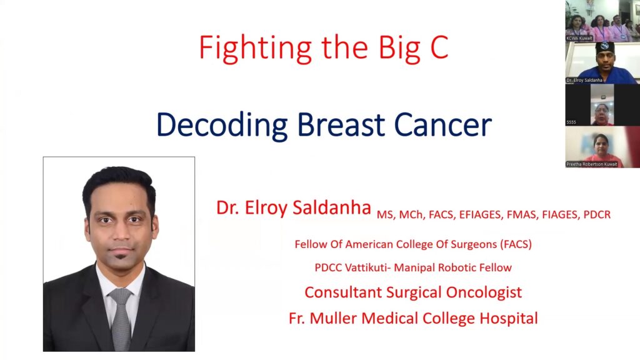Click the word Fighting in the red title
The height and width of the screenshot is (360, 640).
pos(255,49)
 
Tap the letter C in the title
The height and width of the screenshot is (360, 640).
pos(439,47)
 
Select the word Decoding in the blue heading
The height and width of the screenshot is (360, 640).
pos(222,125)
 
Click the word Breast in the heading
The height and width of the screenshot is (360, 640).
pos(341,124)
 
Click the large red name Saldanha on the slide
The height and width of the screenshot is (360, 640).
pos(332,207)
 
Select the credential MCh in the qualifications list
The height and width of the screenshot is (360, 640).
pos(411,215)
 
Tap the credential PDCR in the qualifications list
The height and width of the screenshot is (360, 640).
pos(597,215)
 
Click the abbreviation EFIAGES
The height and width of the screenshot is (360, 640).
pos(479,215)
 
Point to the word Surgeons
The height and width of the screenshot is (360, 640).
pos(474,244)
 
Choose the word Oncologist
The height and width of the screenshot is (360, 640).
pos(484,292)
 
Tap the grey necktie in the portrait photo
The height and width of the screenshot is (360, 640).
pos(121,319)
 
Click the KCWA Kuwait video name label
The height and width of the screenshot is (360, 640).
pos(579,38)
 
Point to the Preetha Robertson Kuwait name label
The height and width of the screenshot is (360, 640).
pos(591,164)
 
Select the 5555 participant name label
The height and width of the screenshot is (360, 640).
pos(571,122)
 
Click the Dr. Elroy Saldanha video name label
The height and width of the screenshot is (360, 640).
pos(584,81)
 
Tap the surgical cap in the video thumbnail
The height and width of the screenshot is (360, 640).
pos(604,47)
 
